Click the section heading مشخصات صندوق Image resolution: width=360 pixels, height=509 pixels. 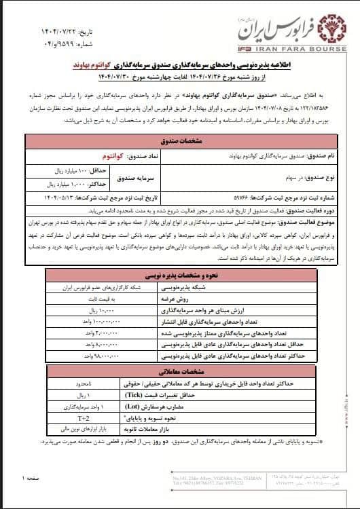[179, 141]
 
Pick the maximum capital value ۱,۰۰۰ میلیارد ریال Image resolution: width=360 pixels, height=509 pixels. [53, 184]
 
